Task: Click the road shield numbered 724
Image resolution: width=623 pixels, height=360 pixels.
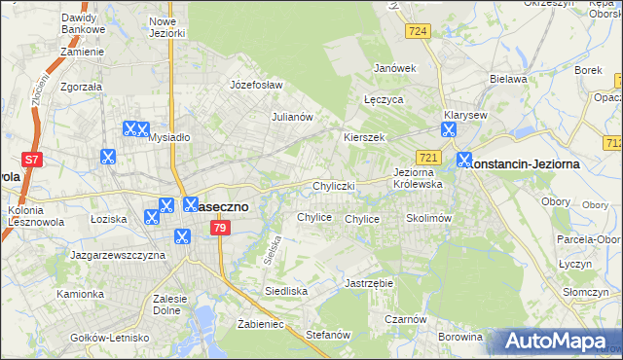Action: point(419,32)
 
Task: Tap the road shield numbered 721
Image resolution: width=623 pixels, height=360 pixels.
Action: point(430,158)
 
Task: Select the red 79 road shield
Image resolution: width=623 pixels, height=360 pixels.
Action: point(220,228)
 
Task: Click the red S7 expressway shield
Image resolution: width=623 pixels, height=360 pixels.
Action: point(32,160)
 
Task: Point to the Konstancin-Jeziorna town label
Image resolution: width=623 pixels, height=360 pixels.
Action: point(526,164)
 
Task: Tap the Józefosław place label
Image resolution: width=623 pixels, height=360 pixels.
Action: point(255,85)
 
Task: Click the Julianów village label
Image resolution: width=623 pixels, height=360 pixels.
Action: point(291,117)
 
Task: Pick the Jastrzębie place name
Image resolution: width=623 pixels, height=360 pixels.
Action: point(368,283)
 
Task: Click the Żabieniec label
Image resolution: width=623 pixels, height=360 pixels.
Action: point(260,324)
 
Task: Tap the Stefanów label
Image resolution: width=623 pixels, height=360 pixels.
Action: point(327,334)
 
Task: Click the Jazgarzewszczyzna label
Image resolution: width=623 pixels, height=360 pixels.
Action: point(118,255)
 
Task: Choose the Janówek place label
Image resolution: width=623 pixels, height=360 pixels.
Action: point(395,68)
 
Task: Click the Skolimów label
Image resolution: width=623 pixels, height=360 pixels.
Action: point(428,219)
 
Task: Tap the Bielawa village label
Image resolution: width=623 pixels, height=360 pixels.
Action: point(508,79)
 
